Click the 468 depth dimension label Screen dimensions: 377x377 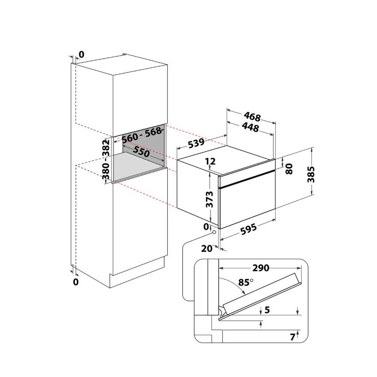(x=252, y=117)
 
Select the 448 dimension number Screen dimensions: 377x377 (x=251, y=127)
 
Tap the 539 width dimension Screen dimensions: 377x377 (x=196, y=143)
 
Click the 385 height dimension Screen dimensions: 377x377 (x=311, y=174)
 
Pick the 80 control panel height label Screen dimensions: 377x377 (x=289, y=169)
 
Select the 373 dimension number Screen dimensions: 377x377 (x=210, y=199)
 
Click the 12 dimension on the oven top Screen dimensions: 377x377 (x=210, y=161)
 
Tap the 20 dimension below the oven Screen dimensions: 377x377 (x=207, y=248)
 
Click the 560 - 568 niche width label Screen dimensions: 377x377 (x=142, y=134)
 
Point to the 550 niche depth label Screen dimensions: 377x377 (x=141, y=152)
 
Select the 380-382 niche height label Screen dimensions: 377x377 (x=106, y=159)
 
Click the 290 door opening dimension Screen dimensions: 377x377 (x=261, y=268)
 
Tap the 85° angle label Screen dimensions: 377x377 (x=246, y=282)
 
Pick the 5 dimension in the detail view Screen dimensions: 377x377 (x=267, y=310)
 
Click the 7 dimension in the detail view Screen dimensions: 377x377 (x=292, y=337)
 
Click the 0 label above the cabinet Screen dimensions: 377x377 (x=82, y=55)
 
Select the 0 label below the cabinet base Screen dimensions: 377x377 (x=76, y=281)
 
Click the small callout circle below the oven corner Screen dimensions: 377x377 (x=214, y=232)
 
